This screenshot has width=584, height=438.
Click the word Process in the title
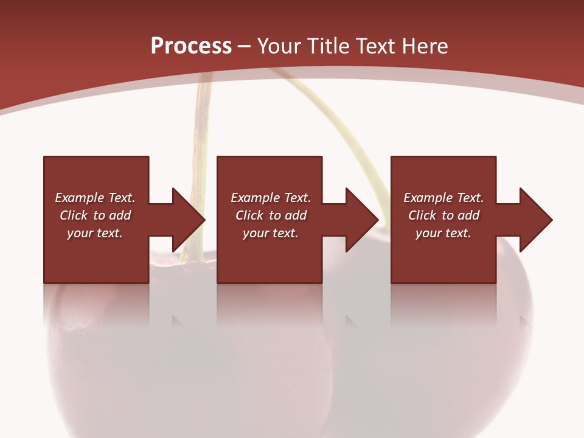coord(191,46)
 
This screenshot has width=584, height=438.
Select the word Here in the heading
coord(425,46)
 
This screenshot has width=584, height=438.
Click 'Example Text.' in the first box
coord(95,198)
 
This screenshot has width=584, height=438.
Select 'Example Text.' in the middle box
coord(271,198)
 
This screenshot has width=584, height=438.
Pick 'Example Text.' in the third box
coord(443,198)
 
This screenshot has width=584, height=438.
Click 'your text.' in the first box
coord(95,233)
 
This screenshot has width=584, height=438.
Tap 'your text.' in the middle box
coord(271,233)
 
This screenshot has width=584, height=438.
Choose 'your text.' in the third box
coord(443,233)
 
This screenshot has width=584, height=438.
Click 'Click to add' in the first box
coord(95,215)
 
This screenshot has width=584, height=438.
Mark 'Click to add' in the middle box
coord(271,215)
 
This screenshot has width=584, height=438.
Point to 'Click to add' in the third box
coord(443,215)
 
